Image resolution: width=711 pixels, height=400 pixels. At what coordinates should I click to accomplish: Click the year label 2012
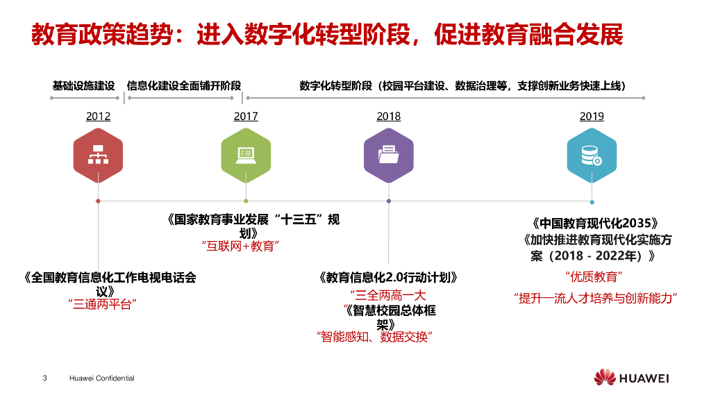[x=98, y=117]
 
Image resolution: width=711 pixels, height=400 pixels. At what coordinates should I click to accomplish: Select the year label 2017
[x=246, y=117]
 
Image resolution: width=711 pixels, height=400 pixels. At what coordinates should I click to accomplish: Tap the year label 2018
[x=389, y=117]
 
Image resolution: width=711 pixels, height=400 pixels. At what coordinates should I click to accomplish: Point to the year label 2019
[x=592, y=117]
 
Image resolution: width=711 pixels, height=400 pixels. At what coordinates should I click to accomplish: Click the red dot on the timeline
[x=98, y=201]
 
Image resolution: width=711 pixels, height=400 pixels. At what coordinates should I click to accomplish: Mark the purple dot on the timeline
[x=389, y=201]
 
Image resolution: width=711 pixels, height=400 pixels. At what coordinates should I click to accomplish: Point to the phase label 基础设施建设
[x=83, y=86]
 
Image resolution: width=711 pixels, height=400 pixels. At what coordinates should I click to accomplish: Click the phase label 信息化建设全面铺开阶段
[x=184, y=86]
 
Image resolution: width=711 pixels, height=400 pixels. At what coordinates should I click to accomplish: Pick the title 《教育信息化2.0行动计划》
[x=389, y=278]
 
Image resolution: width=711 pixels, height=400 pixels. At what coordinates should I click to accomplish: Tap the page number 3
[x=45, y=378]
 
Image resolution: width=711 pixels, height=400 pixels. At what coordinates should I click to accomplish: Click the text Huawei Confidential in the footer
[x=102, y=378]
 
